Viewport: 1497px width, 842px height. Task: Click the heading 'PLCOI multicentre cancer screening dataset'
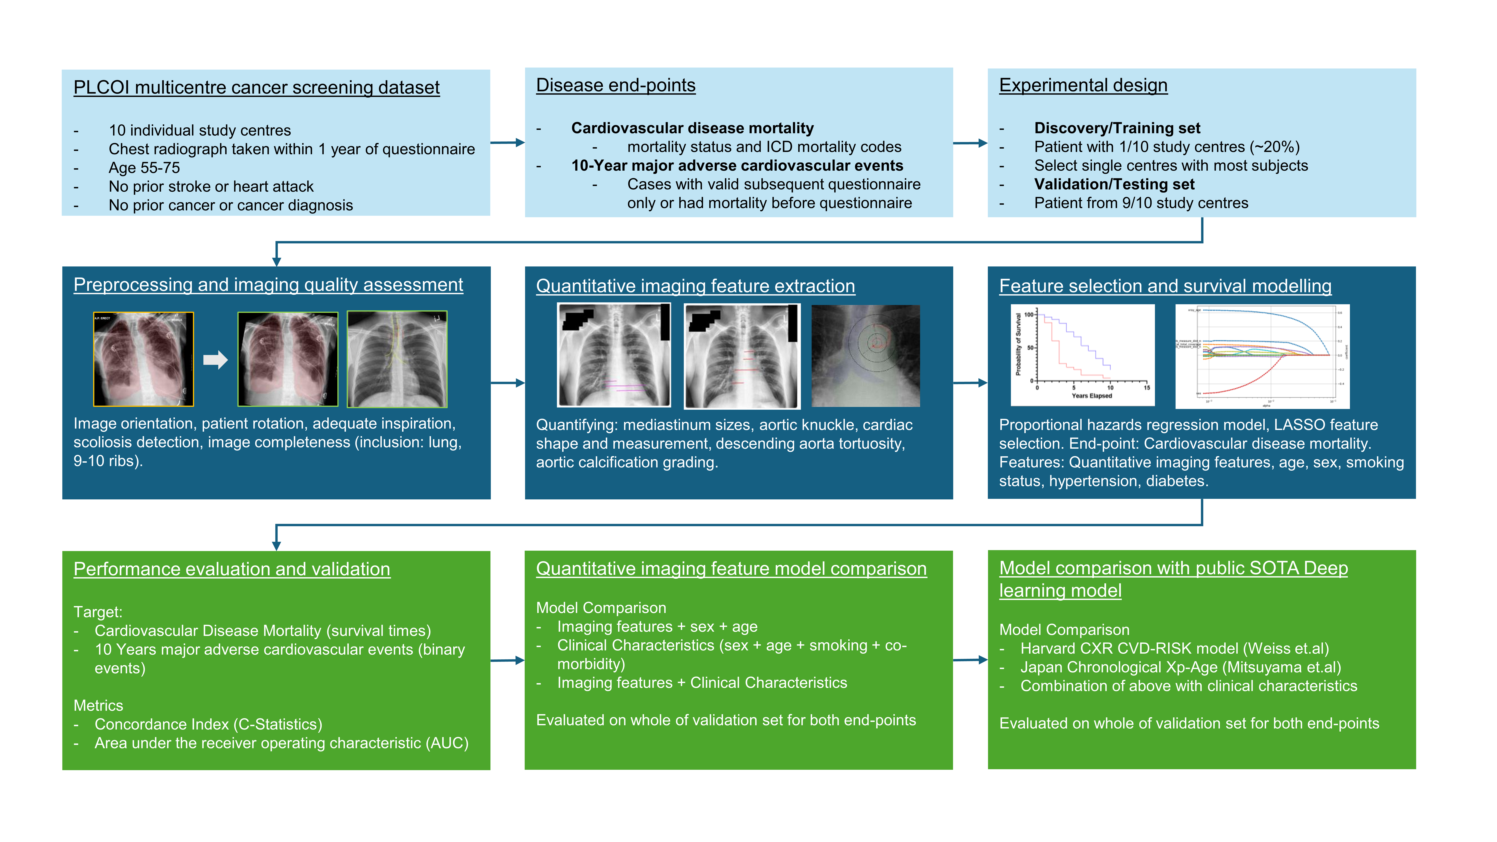point(256,87)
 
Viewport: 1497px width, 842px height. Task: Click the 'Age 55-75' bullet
point(144,168)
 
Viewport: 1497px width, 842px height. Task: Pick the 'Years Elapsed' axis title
point(1091,396)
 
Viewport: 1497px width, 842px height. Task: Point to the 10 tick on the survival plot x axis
point(1110,388)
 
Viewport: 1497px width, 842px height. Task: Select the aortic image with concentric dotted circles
point(865,356)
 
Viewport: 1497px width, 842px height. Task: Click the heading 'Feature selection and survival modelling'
point(1165,286)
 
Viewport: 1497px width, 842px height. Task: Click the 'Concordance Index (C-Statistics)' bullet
point(208,724)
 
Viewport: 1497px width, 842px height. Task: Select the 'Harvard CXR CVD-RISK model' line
point(1174,649)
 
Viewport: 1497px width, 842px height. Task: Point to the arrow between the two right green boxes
point(970,660)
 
